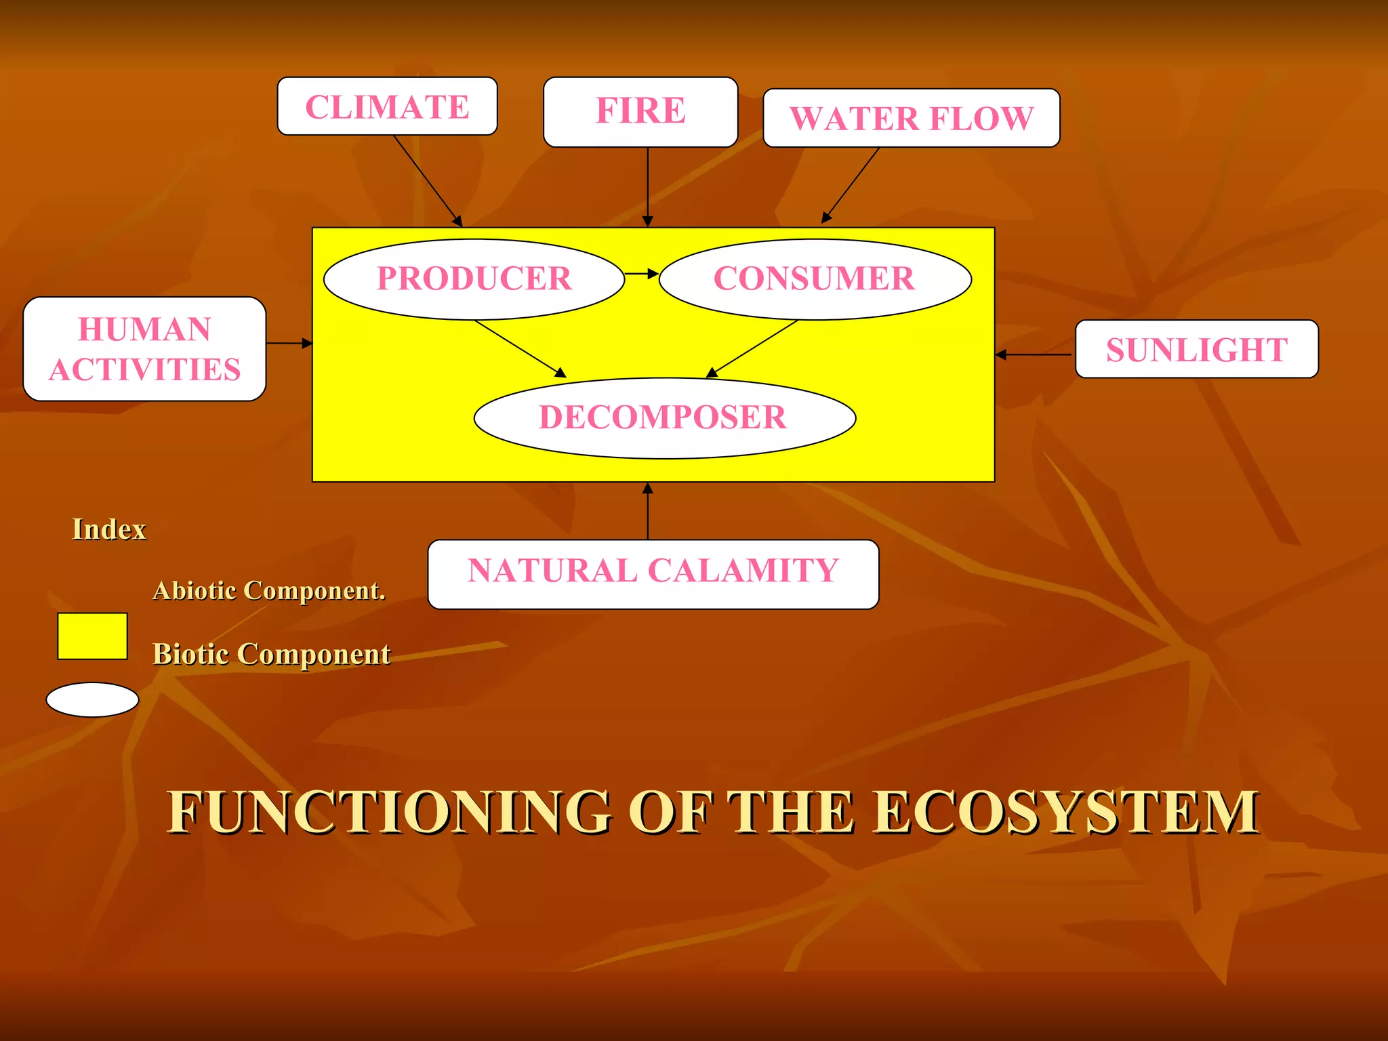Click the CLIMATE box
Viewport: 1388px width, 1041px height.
tap(387, 106)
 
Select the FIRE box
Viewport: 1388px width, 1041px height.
tap(640, 111)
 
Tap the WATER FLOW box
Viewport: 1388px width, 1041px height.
tap(911, 118)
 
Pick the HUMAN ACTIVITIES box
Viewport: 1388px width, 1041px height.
tap(144, 349)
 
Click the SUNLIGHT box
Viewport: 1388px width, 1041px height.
tap(1196, 349)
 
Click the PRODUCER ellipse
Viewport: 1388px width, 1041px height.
tap(474, 279)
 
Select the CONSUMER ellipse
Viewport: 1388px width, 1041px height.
tap(815, 279)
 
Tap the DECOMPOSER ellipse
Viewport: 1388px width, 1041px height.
tap(664, 417)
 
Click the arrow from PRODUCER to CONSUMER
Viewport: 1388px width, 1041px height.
tap(641, 274)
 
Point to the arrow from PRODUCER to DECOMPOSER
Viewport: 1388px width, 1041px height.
tap(520, 349)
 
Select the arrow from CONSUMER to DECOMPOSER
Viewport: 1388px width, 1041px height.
tap(752, 349)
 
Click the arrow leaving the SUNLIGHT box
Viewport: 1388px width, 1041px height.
tap(1034, 354)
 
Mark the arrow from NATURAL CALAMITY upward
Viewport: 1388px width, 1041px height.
tap(647, 511)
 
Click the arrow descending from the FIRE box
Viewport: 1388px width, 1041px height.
tap(647, 186)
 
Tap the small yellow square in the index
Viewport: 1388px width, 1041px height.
tap(92, 636)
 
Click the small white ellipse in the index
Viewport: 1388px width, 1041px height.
tap(92, 699)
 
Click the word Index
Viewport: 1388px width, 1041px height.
tap(108, 529)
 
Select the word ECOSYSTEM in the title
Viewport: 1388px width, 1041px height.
tap(1065, 812)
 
